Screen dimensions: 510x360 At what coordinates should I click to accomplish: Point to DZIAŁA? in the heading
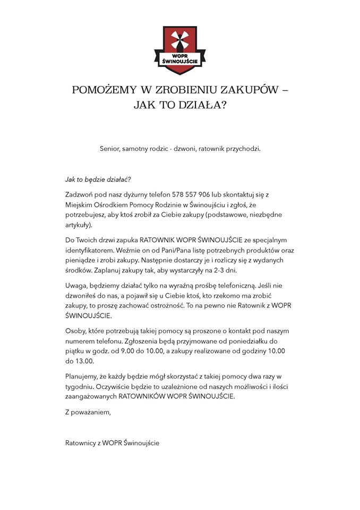[202, 105]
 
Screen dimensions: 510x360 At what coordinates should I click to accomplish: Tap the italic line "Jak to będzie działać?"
[98, 179]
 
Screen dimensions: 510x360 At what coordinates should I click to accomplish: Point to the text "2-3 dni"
[225, 270]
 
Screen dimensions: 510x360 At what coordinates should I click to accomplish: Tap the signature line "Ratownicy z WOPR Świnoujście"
[112, 442]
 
